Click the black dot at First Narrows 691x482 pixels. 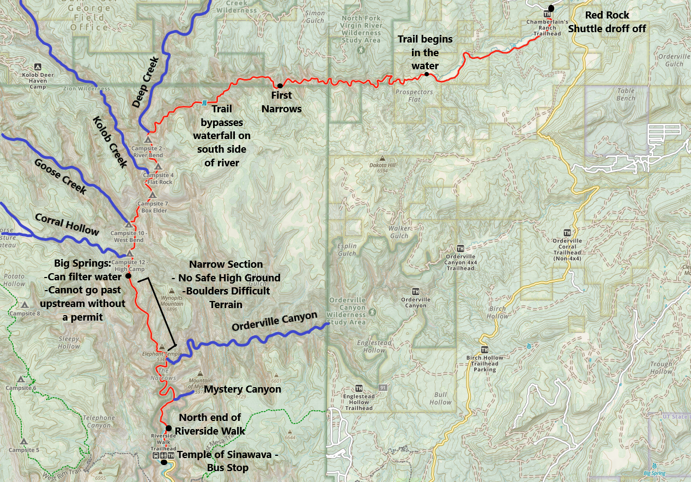point(280,86)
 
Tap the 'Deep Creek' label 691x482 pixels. point(146,82)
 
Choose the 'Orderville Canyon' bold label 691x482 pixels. point(274,321)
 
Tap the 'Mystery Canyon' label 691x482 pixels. point(243,389)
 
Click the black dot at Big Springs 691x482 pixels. point(129,276)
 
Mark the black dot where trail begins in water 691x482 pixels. point(427,74)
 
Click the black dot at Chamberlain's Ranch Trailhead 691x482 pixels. point(551,8)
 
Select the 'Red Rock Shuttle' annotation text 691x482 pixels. point(607,22)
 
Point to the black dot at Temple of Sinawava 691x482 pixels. point(164,462)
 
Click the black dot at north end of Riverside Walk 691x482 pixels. point(168,428)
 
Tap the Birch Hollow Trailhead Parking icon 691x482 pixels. point(484,350)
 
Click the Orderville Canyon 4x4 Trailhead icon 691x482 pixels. point(460,248)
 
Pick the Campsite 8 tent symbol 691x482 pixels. point(25,305)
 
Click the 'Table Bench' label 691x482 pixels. point(626,95)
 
